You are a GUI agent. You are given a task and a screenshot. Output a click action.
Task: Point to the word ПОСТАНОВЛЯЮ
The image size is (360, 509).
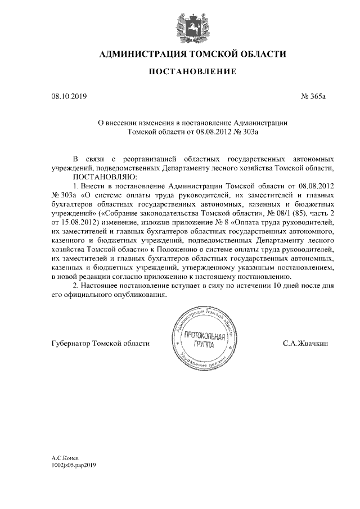point(101,176)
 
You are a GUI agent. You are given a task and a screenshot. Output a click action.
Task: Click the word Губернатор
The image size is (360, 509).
point(70,343)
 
